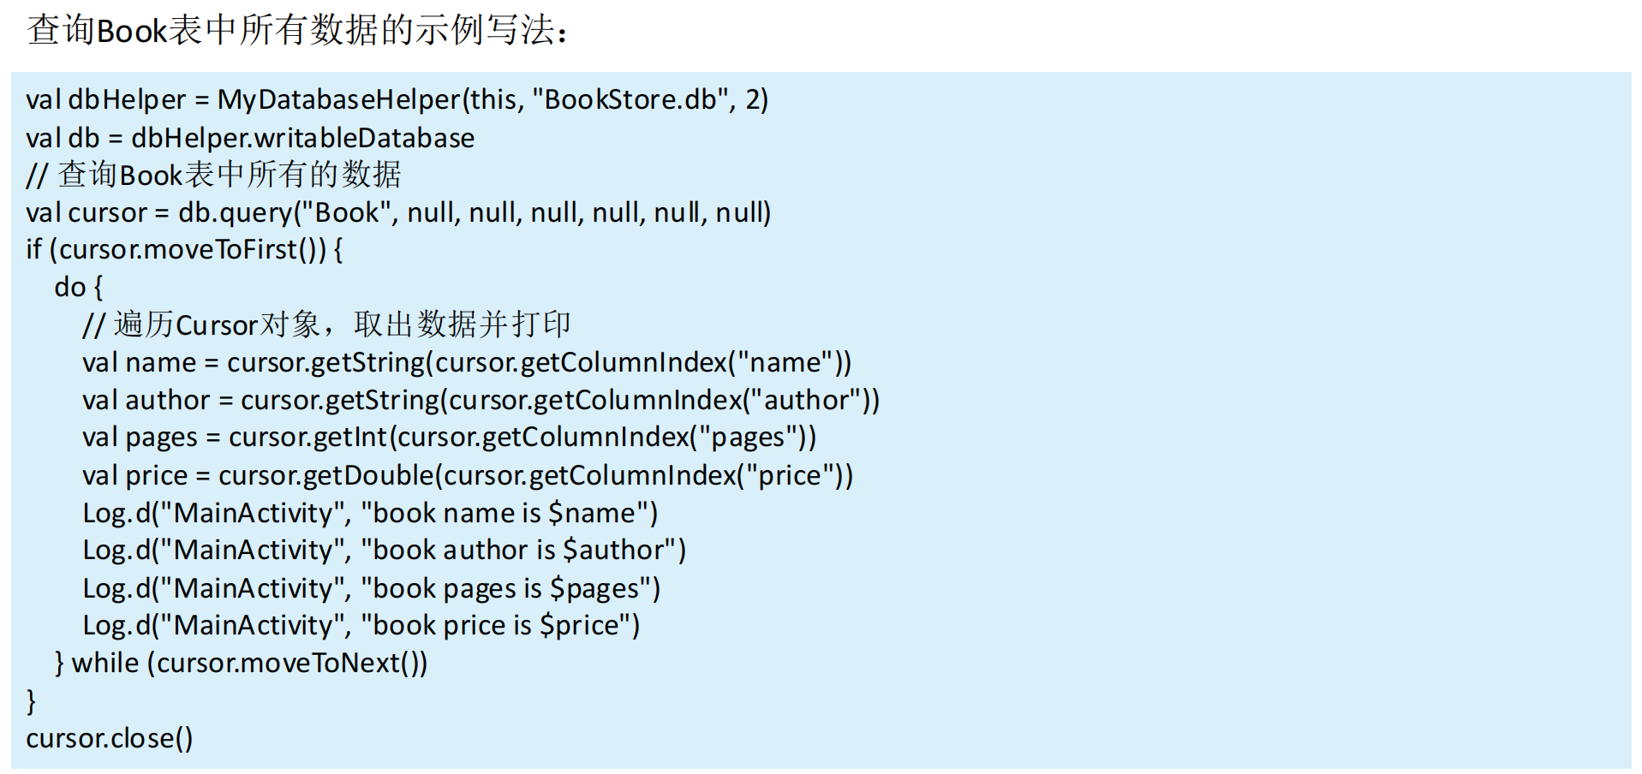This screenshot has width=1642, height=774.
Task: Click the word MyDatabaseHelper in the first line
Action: pyautogui.click(x=338, y=100)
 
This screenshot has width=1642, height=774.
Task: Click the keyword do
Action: pyautogui.click(x=69, y=288)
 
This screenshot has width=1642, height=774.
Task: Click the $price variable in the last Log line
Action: pyautogui.click(x=578, y=625)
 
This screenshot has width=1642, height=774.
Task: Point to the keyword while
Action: pyautogui.click(x=104, y=663)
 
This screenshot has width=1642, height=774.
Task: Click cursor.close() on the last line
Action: pyautogui.click(x=109, y=738)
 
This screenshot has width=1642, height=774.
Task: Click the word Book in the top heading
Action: pyautogui.click(x=131, y=32)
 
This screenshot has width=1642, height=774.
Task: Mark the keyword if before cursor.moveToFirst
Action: pyautogui.click(x=33, y=250)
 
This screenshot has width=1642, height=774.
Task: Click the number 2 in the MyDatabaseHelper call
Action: pyautogui.click(x=752, y=100)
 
